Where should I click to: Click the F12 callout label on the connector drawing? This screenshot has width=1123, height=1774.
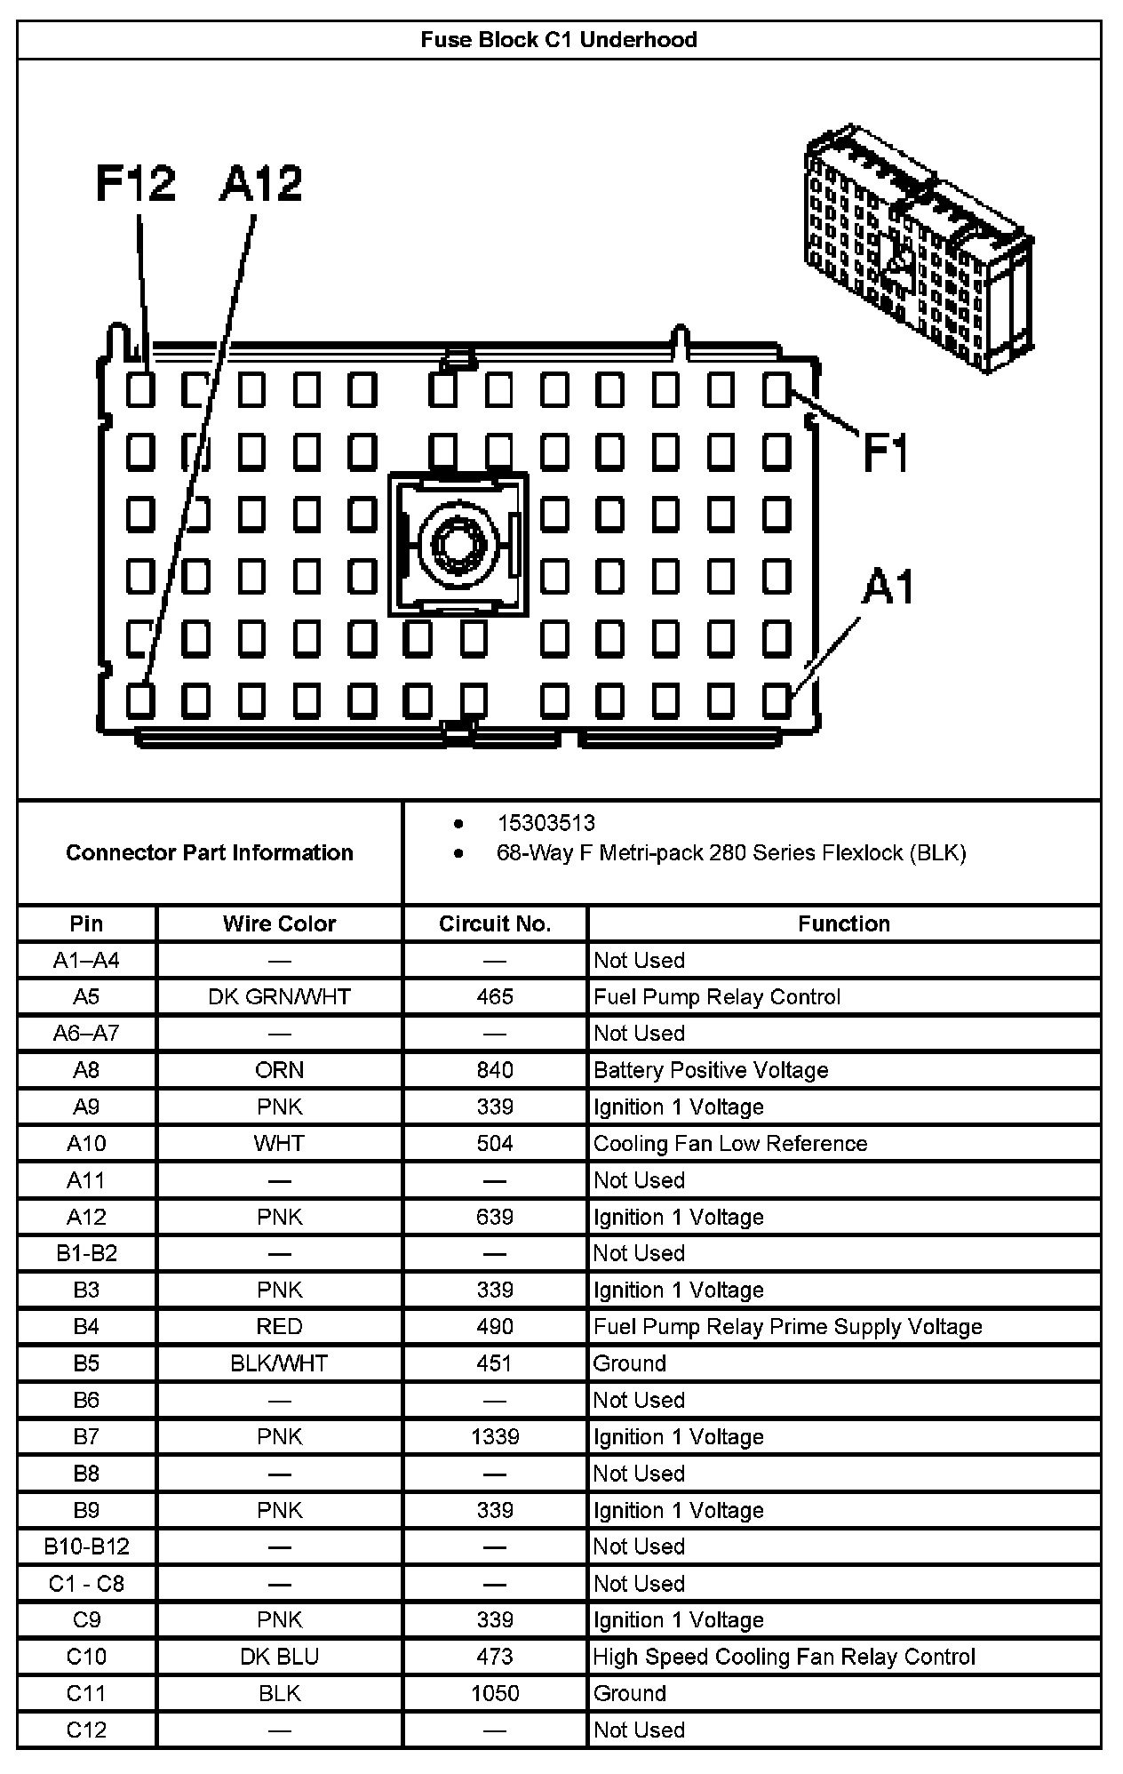point(136,184)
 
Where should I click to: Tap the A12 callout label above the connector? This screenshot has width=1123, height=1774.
point(260,184)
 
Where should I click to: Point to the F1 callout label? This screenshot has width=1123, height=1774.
point(886,452)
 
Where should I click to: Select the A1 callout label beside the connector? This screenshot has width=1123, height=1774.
point(888,587)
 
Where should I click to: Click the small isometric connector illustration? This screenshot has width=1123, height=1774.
point(918,248)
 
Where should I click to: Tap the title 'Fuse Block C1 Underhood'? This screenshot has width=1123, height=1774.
point(559,40)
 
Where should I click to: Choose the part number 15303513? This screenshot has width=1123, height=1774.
point(546,823)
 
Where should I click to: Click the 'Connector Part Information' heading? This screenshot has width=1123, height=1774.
point(210,852)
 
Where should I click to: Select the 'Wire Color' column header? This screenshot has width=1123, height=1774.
point(279,923)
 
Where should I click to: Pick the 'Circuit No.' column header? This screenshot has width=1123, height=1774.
point(495,923)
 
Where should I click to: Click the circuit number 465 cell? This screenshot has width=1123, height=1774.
point(495,997)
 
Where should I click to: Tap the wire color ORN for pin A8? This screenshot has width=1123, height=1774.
point(279,1070)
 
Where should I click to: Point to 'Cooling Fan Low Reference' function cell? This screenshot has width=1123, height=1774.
point(730,1144)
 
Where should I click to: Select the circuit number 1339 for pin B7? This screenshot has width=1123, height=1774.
point(495,1437)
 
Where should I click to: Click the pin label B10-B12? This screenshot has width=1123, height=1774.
point(86,1546)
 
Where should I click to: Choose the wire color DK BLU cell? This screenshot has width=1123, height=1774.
point(279,1657)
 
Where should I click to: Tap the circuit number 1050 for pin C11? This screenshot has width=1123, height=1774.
point(495,1693)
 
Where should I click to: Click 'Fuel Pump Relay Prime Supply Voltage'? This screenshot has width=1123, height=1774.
point(788,1327)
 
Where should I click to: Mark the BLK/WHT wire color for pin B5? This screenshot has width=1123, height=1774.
point(279,1363)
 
